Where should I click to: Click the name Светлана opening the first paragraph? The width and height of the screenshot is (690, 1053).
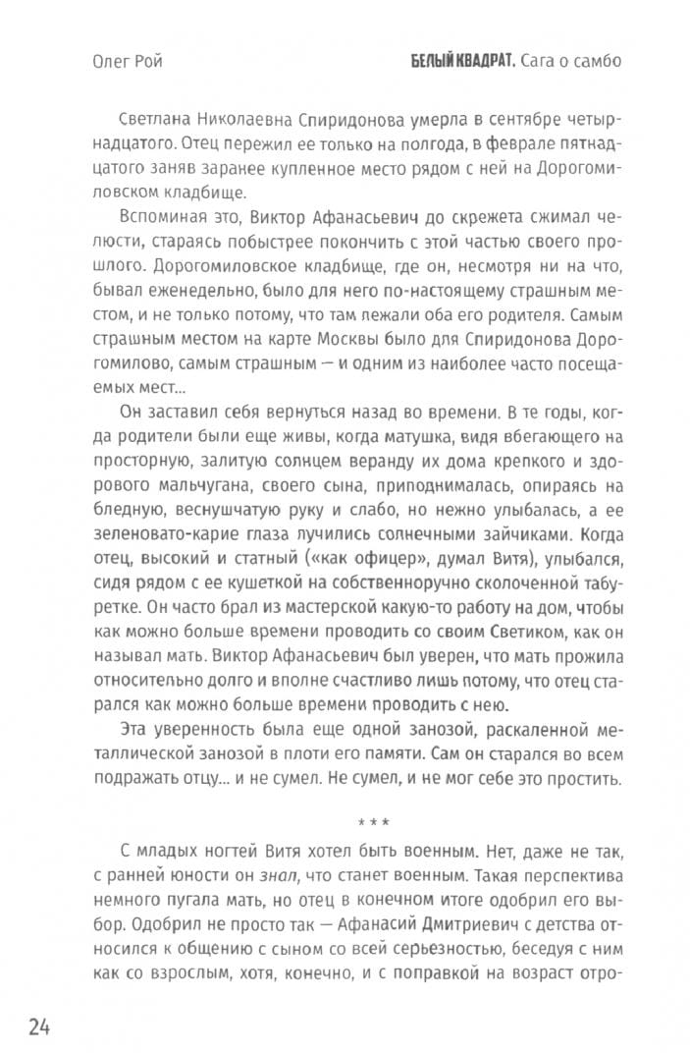click(x=164, y=121)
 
